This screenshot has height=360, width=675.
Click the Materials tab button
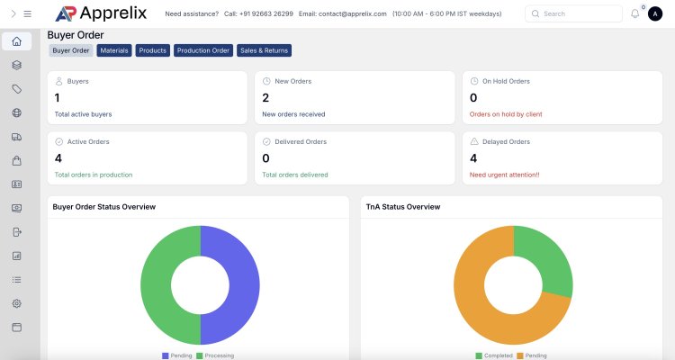[114, 50]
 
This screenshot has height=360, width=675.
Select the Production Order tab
[203, 50]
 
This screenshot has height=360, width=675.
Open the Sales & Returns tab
[264, 50]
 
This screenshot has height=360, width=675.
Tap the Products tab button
[153, 50]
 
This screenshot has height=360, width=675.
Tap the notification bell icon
[635, 13]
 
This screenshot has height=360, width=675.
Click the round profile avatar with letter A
[655, 13]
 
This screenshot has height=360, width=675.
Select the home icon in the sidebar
[16, 41]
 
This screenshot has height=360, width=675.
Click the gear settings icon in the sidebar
[16, 303]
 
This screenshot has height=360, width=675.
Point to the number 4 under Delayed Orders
[474, 157]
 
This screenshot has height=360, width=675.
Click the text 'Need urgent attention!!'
[504, 175]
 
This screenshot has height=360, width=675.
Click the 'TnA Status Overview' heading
[403, 207]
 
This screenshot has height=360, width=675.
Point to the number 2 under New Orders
[265, 97]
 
